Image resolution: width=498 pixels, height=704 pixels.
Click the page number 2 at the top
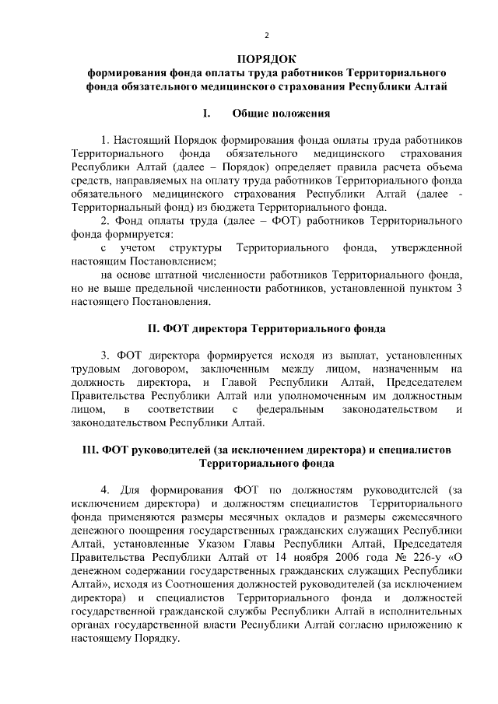[266, 35]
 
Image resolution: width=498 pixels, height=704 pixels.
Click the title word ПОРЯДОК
[266, 60]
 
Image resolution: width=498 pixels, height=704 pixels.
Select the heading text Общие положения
[281, 114]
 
